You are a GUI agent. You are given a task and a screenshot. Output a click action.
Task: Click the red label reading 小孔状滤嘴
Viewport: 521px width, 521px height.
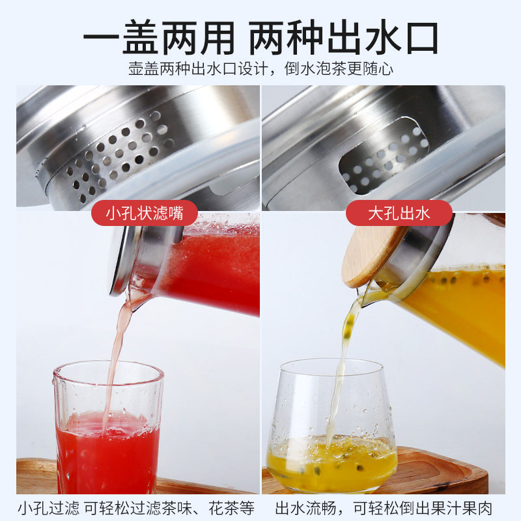(x=145, y=213)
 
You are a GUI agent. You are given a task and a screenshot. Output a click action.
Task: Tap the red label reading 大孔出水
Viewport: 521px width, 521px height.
(x=399, y=213)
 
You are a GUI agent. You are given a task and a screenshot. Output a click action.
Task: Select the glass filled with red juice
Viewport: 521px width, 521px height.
(x=108, y=429)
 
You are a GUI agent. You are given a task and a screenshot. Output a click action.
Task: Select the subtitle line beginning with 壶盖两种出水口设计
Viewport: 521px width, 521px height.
(x=261, y=69)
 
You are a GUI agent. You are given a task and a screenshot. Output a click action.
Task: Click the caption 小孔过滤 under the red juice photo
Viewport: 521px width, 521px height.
(x=48, y=508)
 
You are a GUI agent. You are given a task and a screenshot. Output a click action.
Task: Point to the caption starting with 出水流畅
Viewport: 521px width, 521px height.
(x=384, y=508)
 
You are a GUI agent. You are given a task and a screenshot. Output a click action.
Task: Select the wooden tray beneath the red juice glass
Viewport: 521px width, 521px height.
(x=36, y=476)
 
